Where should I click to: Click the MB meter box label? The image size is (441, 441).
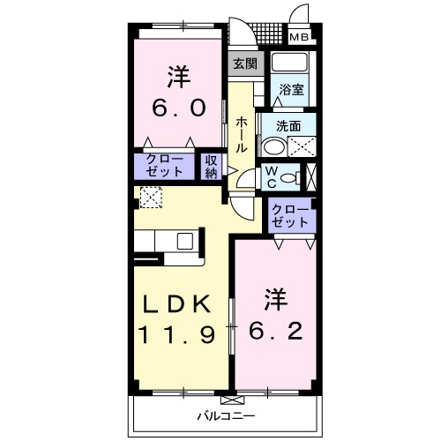pos(301,37)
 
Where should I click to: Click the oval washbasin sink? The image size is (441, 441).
pos(275,146)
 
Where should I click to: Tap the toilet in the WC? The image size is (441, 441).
pos(299,176)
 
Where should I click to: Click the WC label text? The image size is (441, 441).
pos(273,176)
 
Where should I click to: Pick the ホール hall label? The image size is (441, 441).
pos(241,135)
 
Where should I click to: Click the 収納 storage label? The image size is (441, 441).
pos(212,167)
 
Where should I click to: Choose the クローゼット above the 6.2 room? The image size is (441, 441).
pos(290,216)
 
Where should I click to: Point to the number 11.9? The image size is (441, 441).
pos(176,335)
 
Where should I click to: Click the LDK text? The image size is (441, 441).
pos(176,304)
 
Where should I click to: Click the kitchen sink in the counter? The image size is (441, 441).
pos(186,241)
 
